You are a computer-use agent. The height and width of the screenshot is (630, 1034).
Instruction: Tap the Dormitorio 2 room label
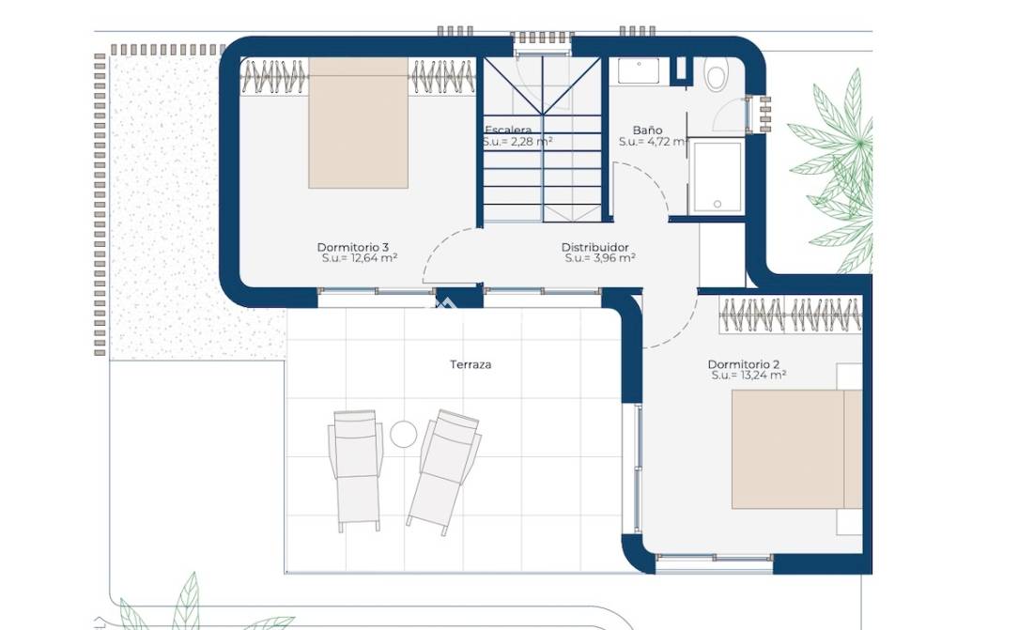(743, 364)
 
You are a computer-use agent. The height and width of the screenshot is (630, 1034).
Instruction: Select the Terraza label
(471, 364)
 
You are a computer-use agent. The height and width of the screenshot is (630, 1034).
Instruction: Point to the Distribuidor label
(594, 247)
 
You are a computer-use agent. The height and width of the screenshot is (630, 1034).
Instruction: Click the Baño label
(647, 130)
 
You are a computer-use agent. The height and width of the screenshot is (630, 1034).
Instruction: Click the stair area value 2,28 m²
(532, 141)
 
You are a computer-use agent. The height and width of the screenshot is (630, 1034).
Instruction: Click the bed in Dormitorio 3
(358, 123)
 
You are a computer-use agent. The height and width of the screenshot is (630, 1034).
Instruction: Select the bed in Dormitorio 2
(796, 450)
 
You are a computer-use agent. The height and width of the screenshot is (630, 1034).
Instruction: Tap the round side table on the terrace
(404, 435)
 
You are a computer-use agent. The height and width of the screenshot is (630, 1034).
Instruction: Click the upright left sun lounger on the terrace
(356, 469)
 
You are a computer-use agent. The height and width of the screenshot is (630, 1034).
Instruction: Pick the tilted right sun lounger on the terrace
(443, 468)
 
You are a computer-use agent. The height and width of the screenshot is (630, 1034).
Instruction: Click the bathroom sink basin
(639, 71)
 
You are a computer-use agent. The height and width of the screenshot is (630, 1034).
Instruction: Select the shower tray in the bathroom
(716, 177)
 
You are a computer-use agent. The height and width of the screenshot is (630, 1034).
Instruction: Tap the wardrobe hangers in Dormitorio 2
(790, 315)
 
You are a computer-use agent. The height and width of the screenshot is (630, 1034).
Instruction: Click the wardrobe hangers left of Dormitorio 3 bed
(274, 76)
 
